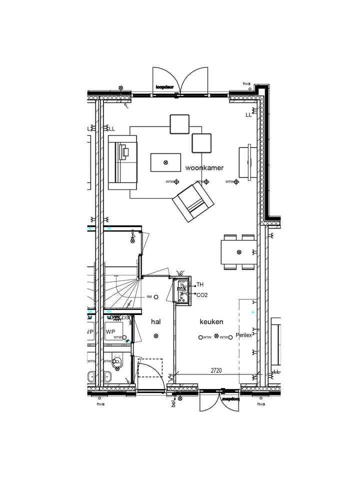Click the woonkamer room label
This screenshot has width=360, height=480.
(x=204, y=168)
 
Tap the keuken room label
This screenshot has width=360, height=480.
(x=211, y=322)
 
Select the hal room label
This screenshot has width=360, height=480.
(x=156, y=322)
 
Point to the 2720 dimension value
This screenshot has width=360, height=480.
(x=216, y=371)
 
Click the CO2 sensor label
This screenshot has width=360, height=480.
(x=202, y=295)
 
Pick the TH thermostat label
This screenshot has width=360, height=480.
(x=200, y=284)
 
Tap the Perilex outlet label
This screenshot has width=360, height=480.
(x=244, y=335)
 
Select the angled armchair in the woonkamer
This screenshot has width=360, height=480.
(x=193, y=202)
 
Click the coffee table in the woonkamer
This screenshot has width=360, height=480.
(x=165, y=162)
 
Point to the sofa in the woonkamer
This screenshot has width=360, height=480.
(x=122, y=162)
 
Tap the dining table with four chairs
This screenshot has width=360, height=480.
(x=239, y=252)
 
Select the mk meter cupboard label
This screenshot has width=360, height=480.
(x=182, y=289)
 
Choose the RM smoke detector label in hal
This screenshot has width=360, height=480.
(x=149, y=297)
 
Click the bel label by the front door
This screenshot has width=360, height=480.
(x=173, y=403)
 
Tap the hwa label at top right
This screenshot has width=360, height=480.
(x=246, y=83)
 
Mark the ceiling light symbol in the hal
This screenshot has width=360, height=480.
(x=156, y=336)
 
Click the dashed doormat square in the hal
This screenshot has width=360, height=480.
(x=150, y=367)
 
